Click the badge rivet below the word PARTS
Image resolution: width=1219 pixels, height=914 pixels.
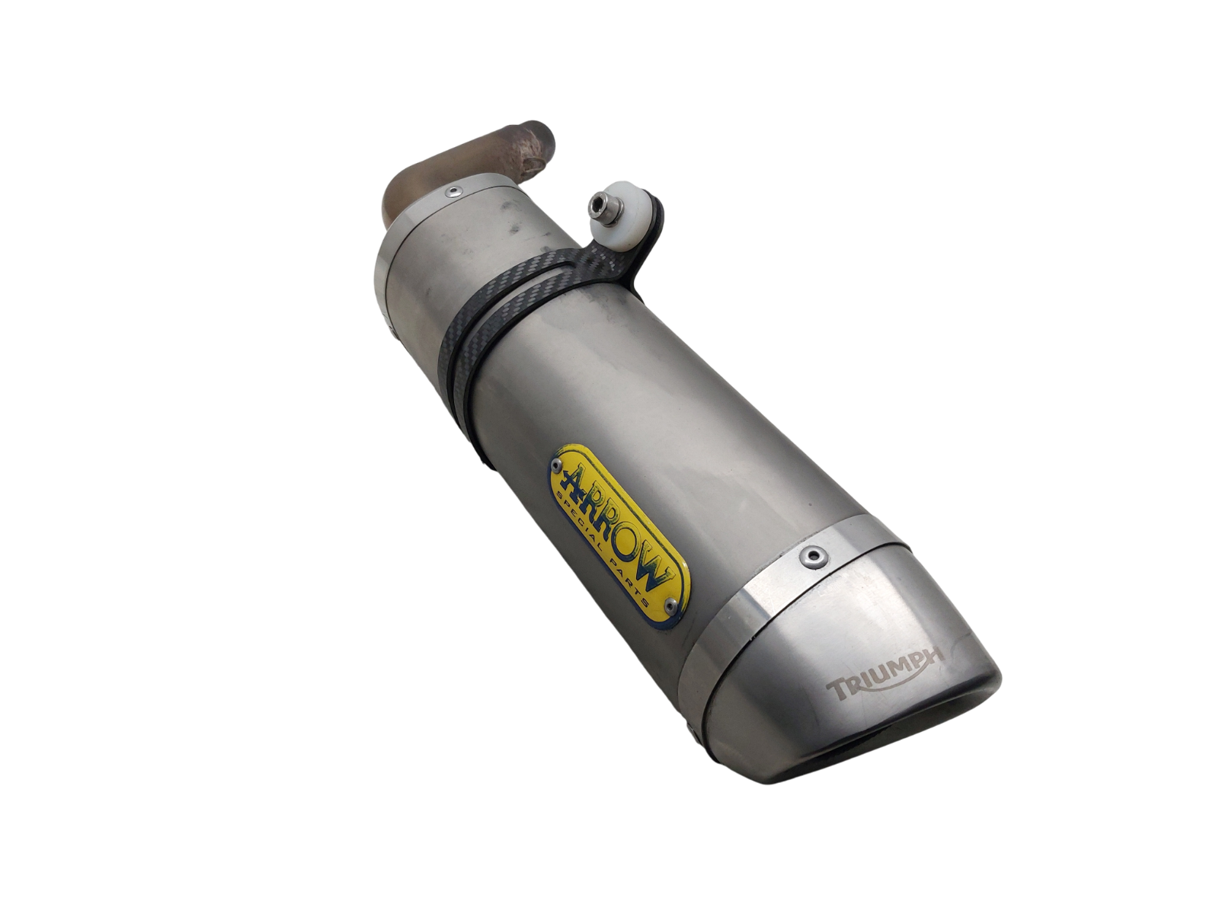point(672,604)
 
